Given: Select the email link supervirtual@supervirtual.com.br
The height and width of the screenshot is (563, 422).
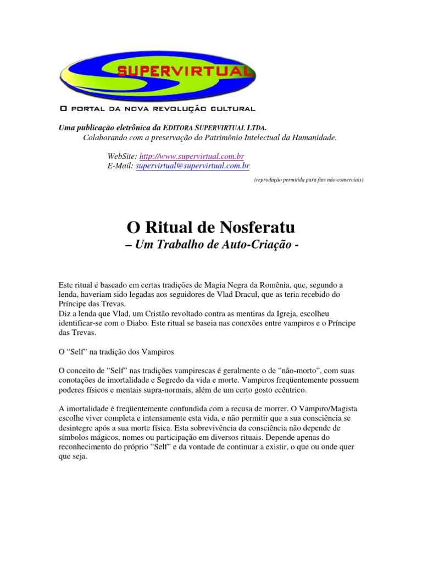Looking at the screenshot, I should tap(192, 165).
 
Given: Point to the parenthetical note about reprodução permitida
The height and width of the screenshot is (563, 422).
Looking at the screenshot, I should tap(308, 179).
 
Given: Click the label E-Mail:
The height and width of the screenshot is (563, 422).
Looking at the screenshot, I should tap(120, 165).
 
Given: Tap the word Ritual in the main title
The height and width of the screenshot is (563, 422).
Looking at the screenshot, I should tap(168, 227).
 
